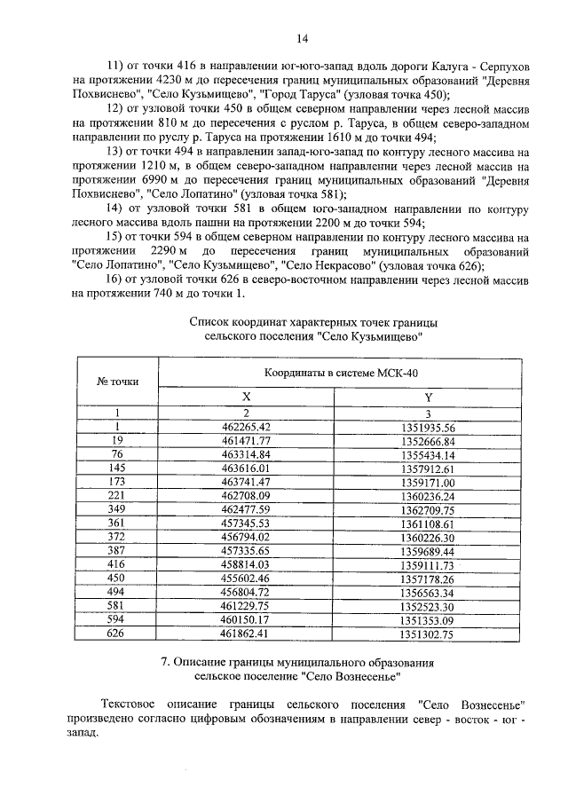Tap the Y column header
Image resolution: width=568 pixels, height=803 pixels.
pyautogui.click(x=428, y=398)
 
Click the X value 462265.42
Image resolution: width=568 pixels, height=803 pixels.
pyautogui.click(x=247, y=427)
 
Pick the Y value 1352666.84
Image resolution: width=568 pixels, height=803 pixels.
pyautogui.click(x=428, y=441)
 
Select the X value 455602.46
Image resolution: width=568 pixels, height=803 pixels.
pyautogui.click(x=247, y=578)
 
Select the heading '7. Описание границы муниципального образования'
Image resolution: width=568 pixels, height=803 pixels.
pyautogui.click(x=296, y=663)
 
